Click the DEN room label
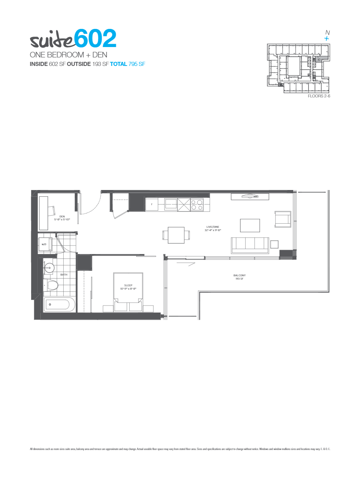pyautogui.click(x=62, y=216)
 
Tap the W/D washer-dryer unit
pyautogui.click(x=44, y=244)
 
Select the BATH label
pyautogui.click(x=64, y=275)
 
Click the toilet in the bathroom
pyautogui.click(x=51, y=285)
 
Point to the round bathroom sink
pyautogui.click(x=49, y=267)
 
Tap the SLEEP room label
pyautogui.click(x=128, y=285)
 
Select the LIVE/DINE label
pyautogui.click(x=213, y=227)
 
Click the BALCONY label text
pyautogui.click(x=239, y=276)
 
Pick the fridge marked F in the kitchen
pyautogui.click(x=151, y=204)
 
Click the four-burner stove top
pyautogui.click(x=197, y=205)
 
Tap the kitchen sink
pyautogui.click(x=171, y=204)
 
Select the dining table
pyautogui.click(x=176, y=235)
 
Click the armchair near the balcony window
pyautogui.click(x=283, y=219)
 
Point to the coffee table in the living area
pyautogui.click(x=250, y=225)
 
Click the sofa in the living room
pyautogui.click(x=250, y=245)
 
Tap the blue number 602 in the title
pyautogui.click(x=95, y=39)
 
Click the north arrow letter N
pyautogui.click(x=327, y=33)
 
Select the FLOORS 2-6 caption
pyautogui.click(x=319, y=96)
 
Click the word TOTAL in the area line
pyautogui.click(x=119, y=64)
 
